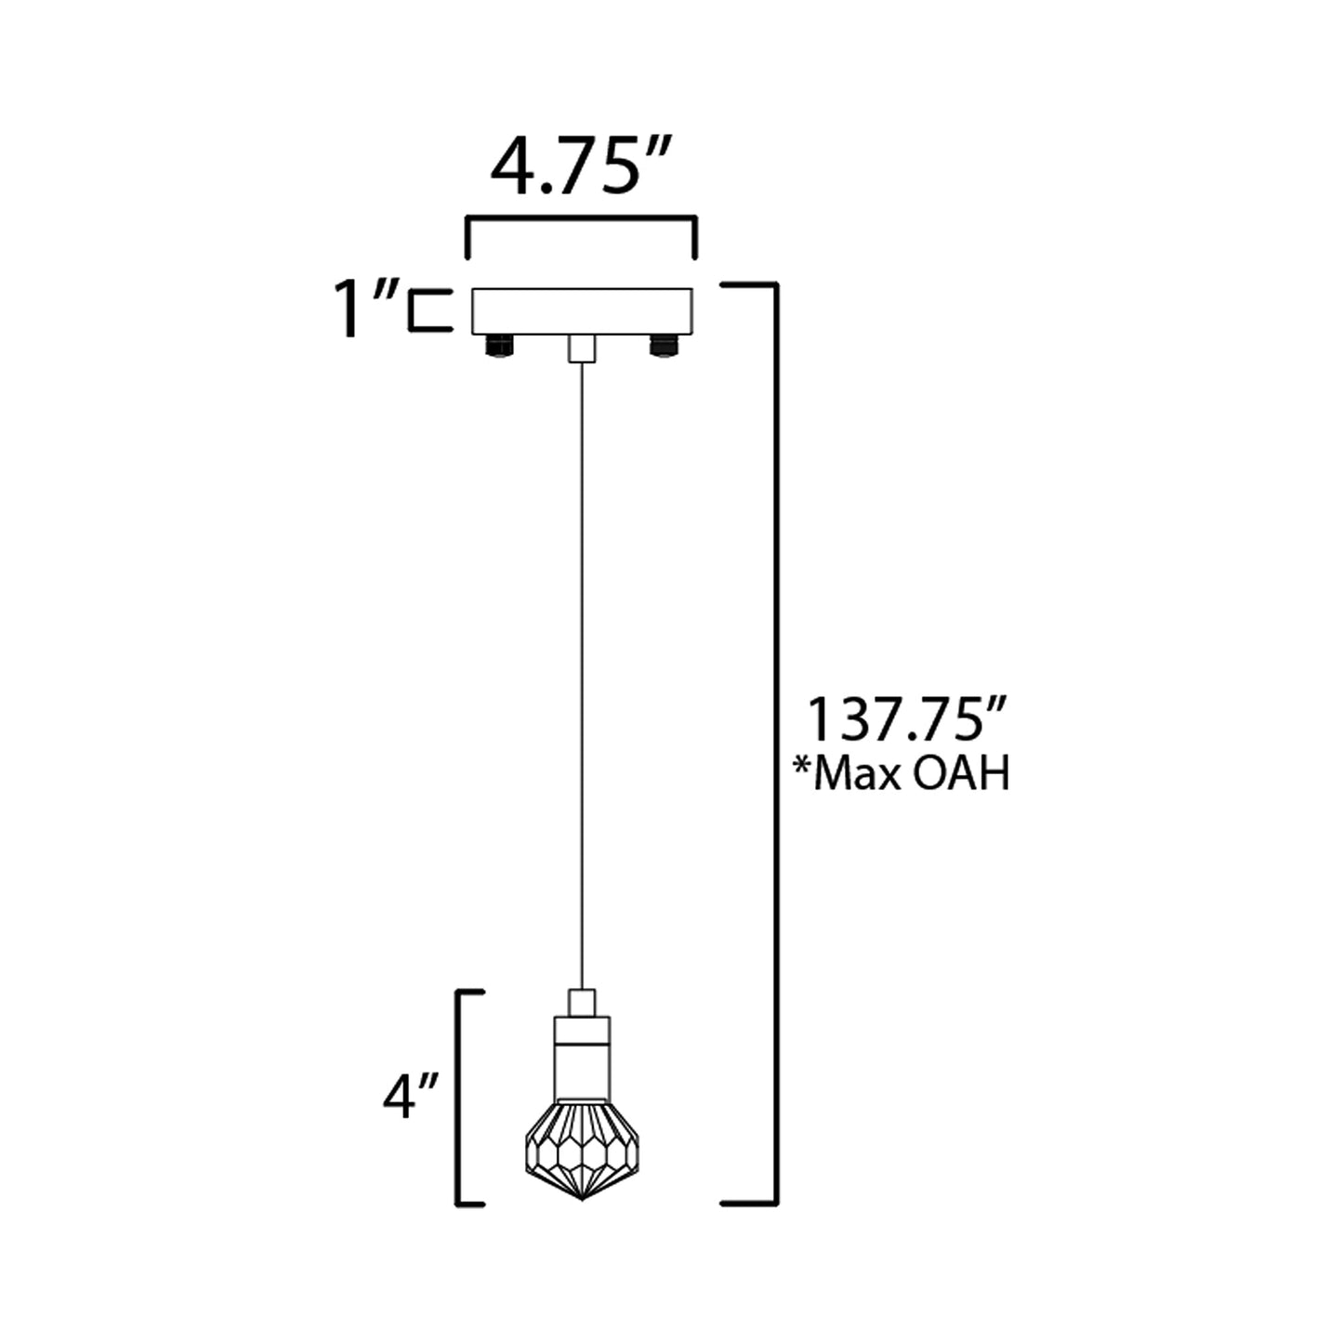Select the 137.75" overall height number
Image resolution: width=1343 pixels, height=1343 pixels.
click(x=905, y=720)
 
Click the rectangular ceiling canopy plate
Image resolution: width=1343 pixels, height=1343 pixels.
click(x=582, y=311)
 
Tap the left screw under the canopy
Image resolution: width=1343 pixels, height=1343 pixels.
click(x=499, y=347)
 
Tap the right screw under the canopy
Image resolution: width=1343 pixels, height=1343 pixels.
click(x=664, y=347)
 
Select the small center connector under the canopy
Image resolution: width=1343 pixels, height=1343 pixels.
click(x=581, y=349)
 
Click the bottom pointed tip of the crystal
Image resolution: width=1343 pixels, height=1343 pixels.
click(x=581, y=1196)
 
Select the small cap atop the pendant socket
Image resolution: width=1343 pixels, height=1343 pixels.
click(x=581, y=1003)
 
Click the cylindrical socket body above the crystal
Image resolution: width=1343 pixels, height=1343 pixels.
click(x=582, y=1060)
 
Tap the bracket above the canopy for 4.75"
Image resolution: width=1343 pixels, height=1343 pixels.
click(x=581, y=220)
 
